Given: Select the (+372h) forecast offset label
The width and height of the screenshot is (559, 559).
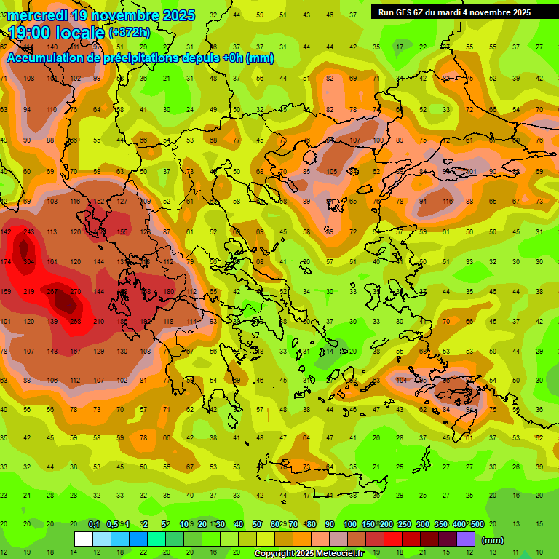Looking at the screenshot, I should point(130,33).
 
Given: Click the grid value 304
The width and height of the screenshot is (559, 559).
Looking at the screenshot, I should point(29,262).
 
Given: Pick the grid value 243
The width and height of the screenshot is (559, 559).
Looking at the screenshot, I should point(29,232).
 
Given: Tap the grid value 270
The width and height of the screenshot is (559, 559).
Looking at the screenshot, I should point(76,291).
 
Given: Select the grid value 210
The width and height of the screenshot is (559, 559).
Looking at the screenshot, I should point(99,321).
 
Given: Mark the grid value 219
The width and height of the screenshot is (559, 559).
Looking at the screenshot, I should point(29,291).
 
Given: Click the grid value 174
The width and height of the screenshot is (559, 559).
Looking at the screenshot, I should point(6,262).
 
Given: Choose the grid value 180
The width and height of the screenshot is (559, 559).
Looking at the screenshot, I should point(169,291).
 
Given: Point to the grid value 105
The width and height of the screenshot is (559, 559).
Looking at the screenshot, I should point(332,172).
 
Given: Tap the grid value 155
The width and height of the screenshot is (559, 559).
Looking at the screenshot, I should point(122,232).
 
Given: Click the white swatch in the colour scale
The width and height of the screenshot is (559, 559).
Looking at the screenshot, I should point(84,539).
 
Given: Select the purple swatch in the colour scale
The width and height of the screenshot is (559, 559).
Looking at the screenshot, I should point(466,539).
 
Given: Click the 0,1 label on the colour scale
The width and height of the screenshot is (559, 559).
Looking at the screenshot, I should point(94,524).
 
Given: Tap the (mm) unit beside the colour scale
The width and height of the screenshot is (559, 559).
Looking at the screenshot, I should point(493,540).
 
